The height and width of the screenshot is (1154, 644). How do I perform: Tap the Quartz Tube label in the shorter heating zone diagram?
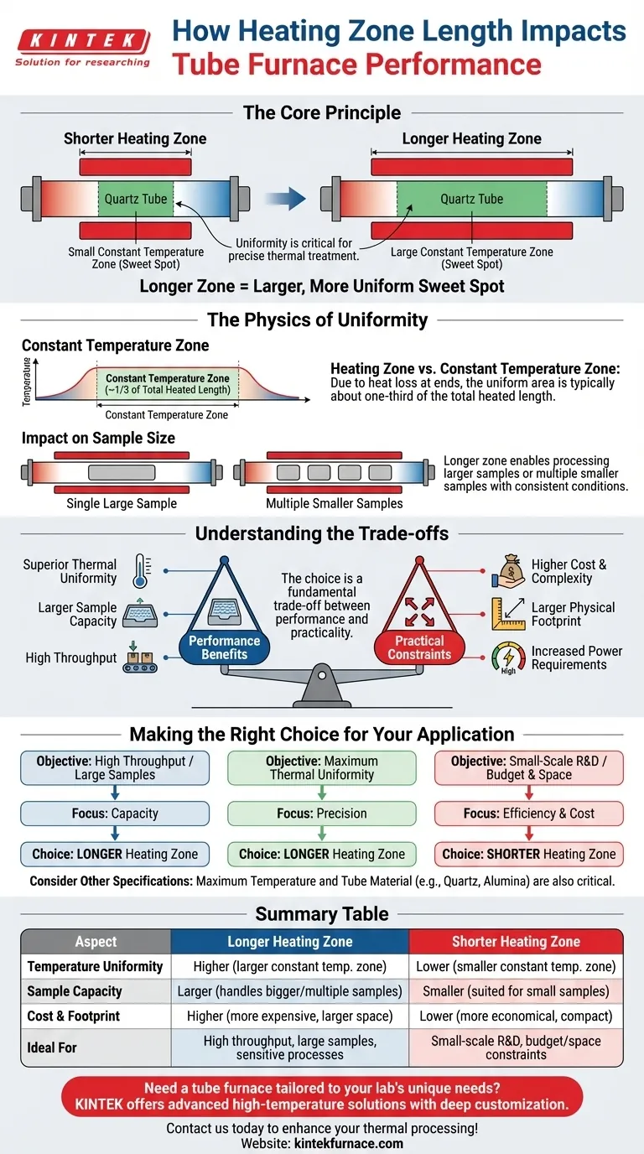136,199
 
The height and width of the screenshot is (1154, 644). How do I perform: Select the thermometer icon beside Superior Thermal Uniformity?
139,571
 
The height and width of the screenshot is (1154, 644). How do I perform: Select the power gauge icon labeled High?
507,657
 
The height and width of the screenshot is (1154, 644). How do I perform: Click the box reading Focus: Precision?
322,813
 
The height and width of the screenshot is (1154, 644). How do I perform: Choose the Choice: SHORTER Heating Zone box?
528,854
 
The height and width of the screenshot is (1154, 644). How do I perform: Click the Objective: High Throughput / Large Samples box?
115,767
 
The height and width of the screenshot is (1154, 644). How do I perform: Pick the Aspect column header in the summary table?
96,941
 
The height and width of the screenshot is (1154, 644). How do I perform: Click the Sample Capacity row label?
75,990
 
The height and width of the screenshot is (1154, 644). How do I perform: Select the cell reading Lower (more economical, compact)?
516,1015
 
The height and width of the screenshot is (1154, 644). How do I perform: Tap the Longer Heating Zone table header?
289,941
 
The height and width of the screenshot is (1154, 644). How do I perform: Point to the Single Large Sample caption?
122,503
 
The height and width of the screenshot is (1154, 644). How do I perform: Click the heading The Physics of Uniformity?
322,319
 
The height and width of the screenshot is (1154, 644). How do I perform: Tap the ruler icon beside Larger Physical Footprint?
507,613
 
